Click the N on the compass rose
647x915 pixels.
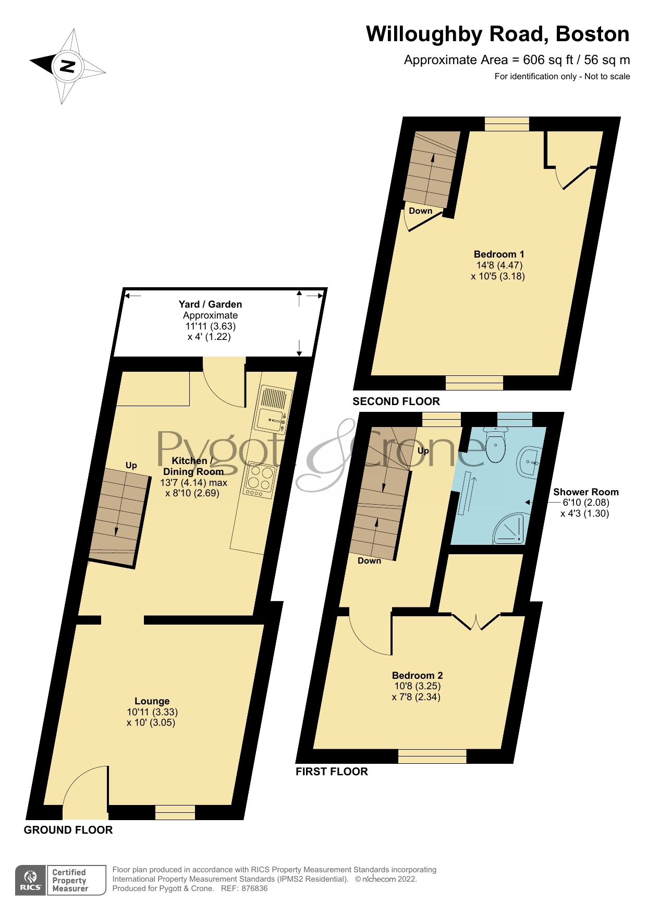click(67, 66)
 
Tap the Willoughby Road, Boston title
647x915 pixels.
click(497, 34)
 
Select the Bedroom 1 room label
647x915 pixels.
click(498, 254)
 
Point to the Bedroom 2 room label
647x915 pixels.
click(417, 676)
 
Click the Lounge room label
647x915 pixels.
click(152, 701)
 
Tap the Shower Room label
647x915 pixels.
click(585, 492)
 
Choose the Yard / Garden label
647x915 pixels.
click(210, 304)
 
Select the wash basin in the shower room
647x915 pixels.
click(529, 462)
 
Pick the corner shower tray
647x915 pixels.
click(509, 528)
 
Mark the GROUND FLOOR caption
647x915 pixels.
click(68, 830)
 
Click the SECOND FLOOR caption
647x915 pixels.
click(396, 401)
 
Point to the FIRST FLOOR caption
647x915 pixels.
click(332, 772)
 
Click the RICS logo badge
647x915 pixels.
click(31, 881)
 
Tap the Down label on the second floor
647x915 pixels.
click(420, 211)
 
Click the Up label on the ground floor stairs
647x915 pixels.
click(131, 466)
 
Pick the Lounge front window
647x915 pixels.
click(175, 812)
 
